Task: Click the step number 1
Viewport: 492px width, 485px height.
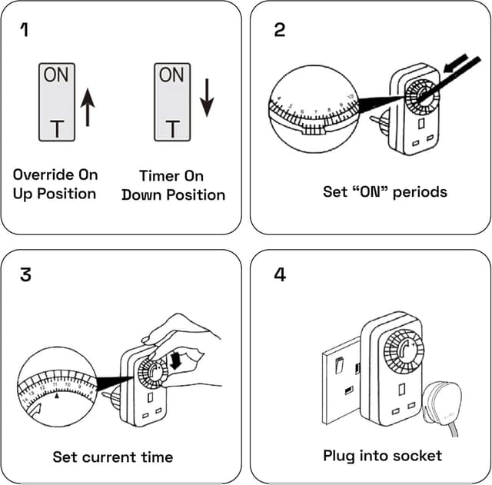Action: pyautogui.click(x=25, y=30)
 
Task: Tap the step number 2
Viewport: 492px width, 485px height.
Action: pyautogui.click(x=279, y=30)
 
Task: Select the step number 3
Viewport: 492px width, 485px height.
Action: pyautogui.click(x=26, y=274)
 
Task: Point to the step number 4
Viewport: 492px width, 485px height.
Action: pyautogui.click(x=280, y=274)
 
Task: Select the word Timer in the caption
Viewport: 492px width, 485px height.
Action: pyautogui.click(x=159, y=176)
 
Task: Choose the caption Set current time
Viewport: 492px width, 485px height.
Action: pyautogui.click(x=112, y=457)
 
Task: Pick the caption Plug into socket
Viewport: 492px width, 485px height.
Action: pyautogui.click(x=382, y=456)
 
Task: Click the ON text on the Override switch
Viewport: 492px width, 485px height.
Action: pyautogui.click(x=56, y=75)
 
